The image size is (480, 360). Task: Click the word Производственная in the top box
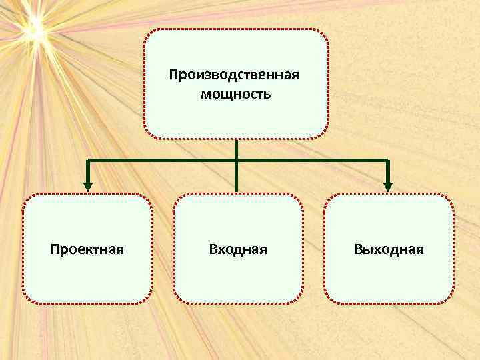(235, 73)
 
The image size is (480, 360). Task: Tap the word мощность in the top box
(235, 94)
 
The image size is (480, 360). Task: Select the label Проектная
(87, 249)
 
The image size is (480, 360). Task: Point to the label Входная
(238, 249)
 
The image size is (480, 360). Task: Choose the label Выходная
(389, 249)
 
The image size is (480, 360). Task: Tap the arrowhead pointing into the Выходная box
(388, 187)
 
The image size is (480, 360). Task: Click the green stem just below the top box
(236, 148)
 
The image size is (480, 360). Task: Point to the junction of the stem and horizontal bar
(236, 161)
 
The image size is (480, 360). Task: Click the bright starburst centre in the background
(33, 28)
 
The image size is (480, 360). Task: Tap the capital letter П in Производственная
(173, 73)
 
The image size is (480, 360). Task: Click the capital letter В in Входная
(213, 249)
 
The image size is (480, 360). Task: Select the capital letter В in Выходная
(359, 249)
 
